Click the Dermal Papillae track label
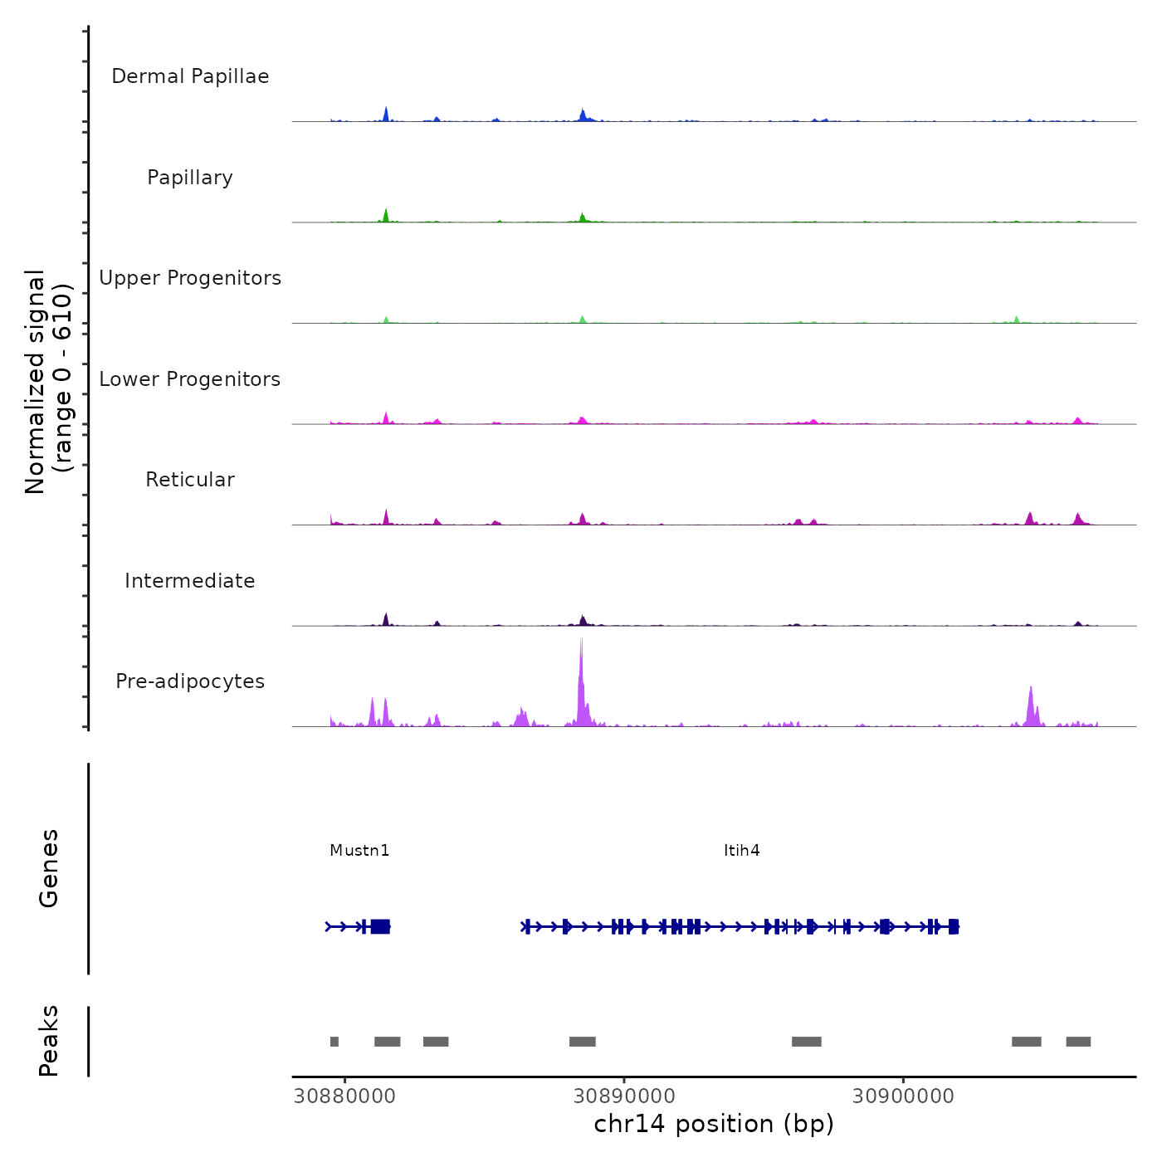click(x=190, y=76)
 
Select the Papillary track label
click(x=190, y=178)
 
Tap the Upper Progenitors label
click(x=190, y=278)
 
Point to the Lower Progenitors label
click(x=190, y=379)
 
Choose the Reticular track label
click(x=190, y=480)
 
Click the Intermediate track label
click(x=190, y=581)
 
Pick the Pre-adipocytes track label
click(x=190, y=681)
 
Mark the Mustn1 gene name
click(x=359, y=850)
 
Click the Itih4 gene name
click(x=741, y=850)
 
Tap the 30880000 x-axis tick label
click(x=345, y=1096)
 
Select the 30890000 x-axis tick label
click(x=624, y=1096)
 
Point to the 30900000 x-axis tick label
click(x=903, y=1096)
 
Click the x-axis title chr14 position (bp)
click(x=714, y=1124)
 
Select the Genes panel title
click(x=48, y=867)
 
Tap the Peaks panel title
click(x=48, y=1041)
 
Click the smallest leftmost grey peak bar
click(x=334, y=1042)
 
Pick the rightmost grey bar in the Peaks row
click(x=1078, y=1042)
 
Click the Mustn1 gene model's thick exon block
click(x=380, y=926)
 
